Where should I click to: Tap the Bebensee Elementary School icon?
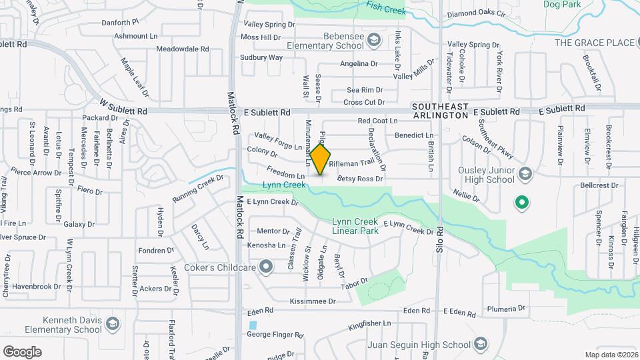tap(373, 41)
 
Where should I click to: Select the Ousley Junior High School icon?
tap(524, 175)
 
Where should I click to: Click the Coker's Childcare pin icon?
tap(267, 268)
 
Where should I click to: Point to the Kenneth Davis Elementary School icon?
tap(113, 325)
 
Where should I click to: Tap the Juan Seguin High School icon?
tap(485, 345)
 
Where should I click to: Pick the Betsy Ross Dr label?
tap(360, 179)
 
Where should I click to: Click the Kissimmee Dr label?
tap(313, 301)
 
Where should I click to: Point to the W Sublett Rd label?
tap(123, 107)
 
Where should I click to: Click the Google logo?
tap(22, 351)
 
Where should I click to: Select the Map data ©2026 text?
tap(611, 355)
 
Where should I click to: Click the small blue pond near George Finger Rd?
tap(252, 325)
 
